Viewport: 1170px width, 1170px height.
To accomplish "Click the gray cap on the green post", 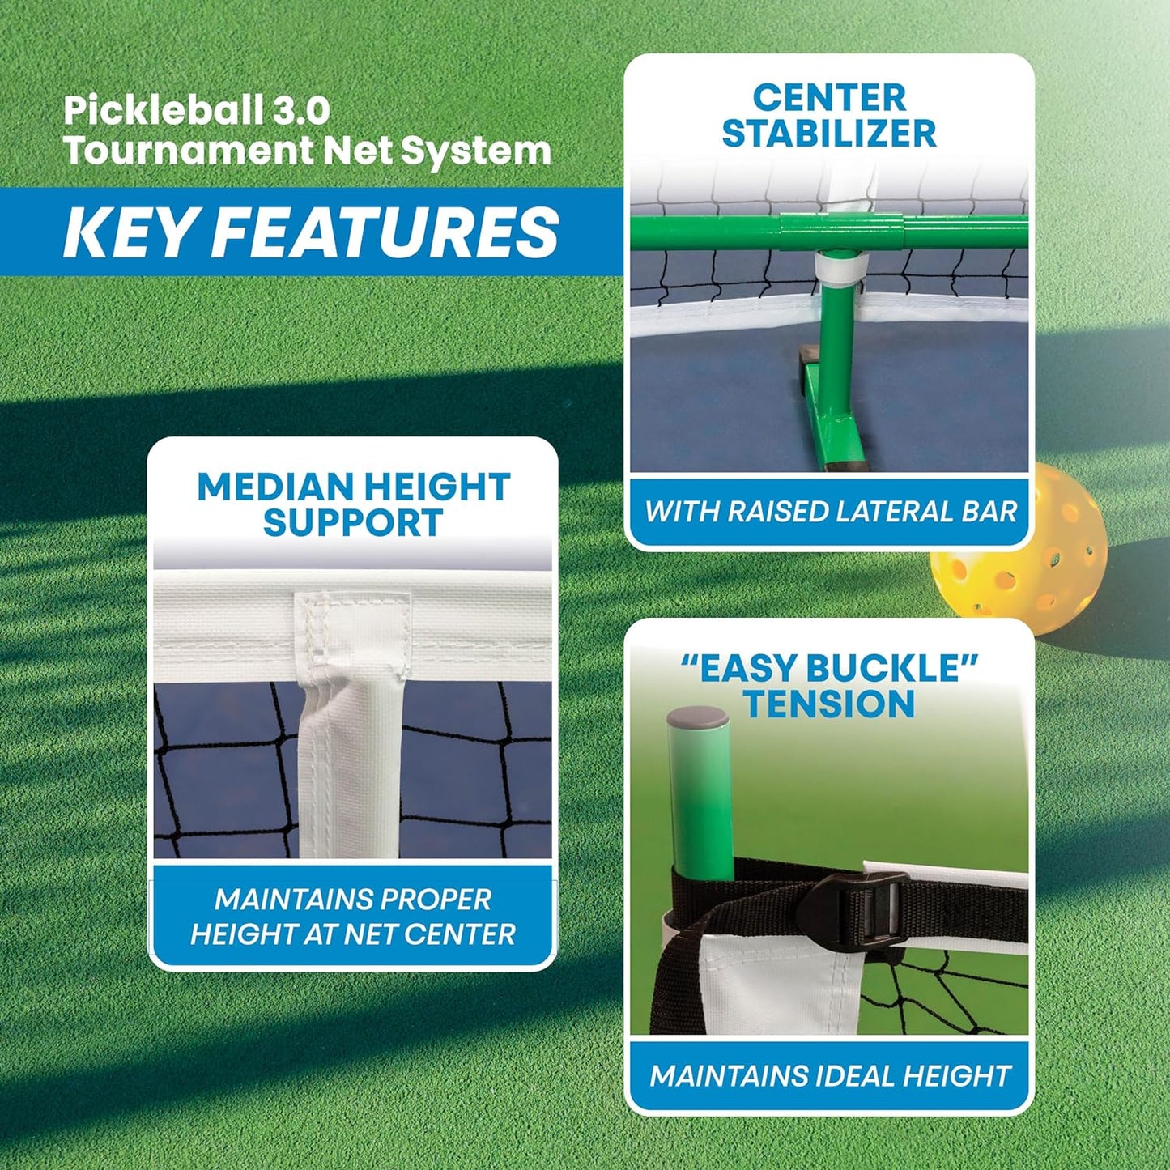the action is pyautogui.click(x=698, y=718).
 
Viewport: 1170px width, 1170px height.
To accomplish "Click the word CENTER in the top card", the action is pyautogui.click(x=829, y=97).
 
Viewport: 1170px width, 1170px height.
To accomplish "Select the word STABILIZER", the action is pyautogui.click(x=829, y=134).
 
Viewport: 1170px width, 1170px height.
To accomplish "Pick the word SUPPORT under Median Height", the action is pyautogui.click(x=353, y=522).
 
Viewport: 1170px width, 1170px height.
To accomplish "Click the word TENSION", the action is pyautogui.click(x=829, y=704).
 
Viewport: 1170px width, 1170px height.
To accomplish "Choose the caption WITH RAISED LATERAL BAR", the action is pyautogui.click(x=830, y=512).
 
